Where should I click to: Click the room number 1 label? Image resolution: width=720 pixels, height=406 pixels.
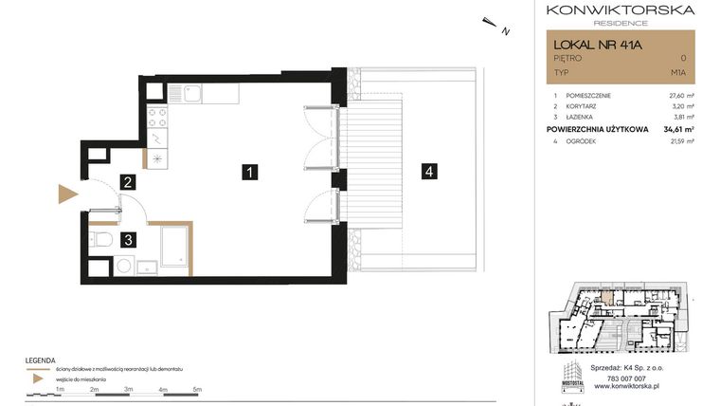(247, 172)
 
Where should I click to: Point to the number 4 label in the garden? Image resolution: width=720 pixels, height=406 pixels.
(429, 172)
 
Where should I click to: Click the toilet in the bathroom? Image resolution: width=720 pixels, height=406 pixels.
(101, 238)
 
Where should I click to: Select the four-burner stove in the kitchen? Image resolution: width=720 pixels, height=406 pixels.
(158, 119)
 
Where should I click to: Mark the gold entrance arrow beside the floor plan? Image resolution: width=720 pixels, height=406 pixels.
(67, 194)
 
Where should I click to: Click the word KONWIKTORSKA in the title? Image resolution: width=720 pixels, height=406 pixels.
(621, 10)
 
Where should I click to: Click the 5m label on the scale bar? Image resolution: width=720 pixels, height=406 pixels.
(197, 389)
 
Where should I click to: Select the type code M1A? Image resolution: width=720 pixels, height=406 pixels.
(678, 71)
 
